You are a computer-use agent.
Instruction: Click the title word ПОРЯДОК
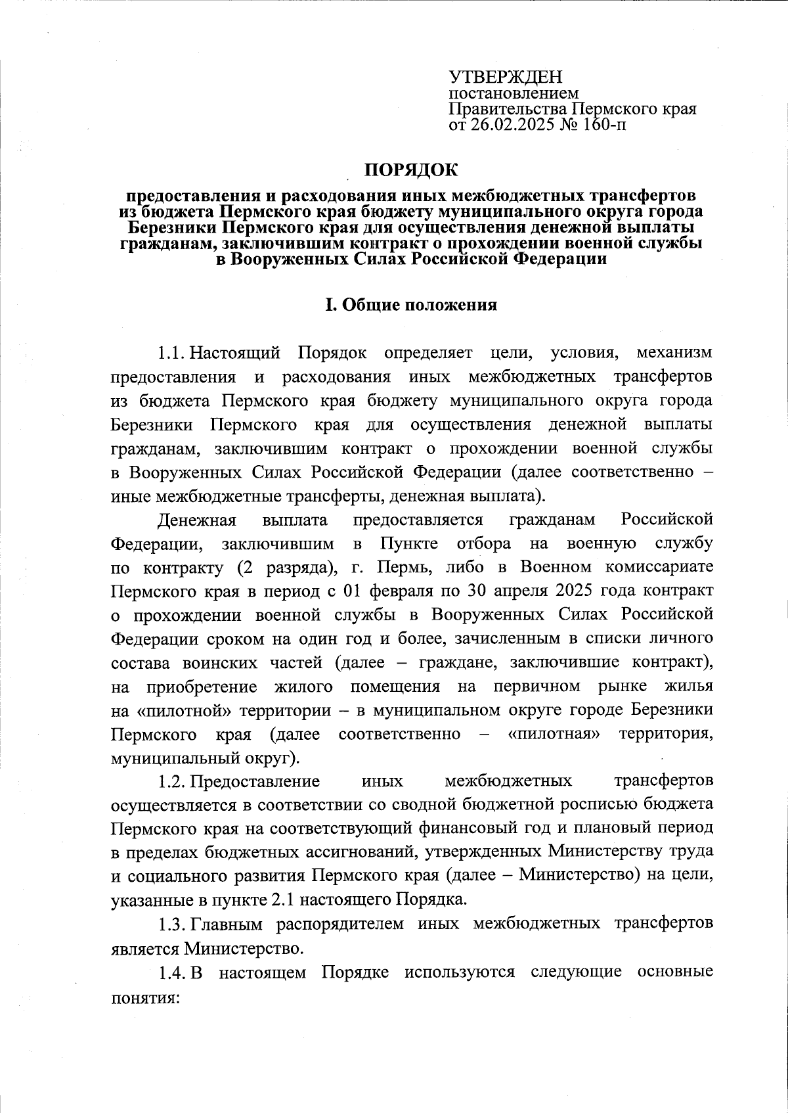click(411, 171)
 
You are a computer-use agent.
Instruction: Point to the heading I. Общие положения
click(411, 306)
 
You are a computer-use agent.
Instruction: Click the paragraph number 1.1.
click(172, 353)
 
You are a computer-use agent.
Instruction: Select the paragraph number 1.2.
click(172, 781)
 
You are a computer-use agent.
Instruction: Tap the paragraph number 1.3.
click(172, 924)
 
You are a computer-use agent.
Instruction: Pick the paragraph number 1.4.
click(172, 972)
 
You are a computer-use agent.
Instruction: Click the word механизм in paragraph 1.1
click(674, 353)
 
